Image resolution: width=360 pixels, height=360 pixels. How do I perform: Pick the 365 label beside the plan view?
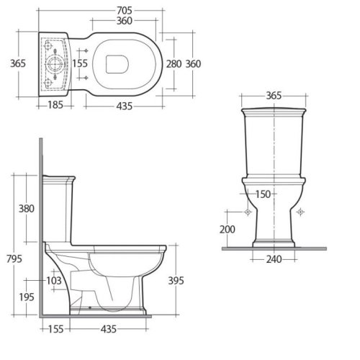point(17,63)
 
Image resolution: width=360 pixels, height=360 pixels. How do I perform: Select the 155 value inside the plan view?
point(81,63)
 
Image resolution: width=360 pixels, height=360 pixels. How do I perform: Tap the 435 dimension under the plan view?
point(120,105)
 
